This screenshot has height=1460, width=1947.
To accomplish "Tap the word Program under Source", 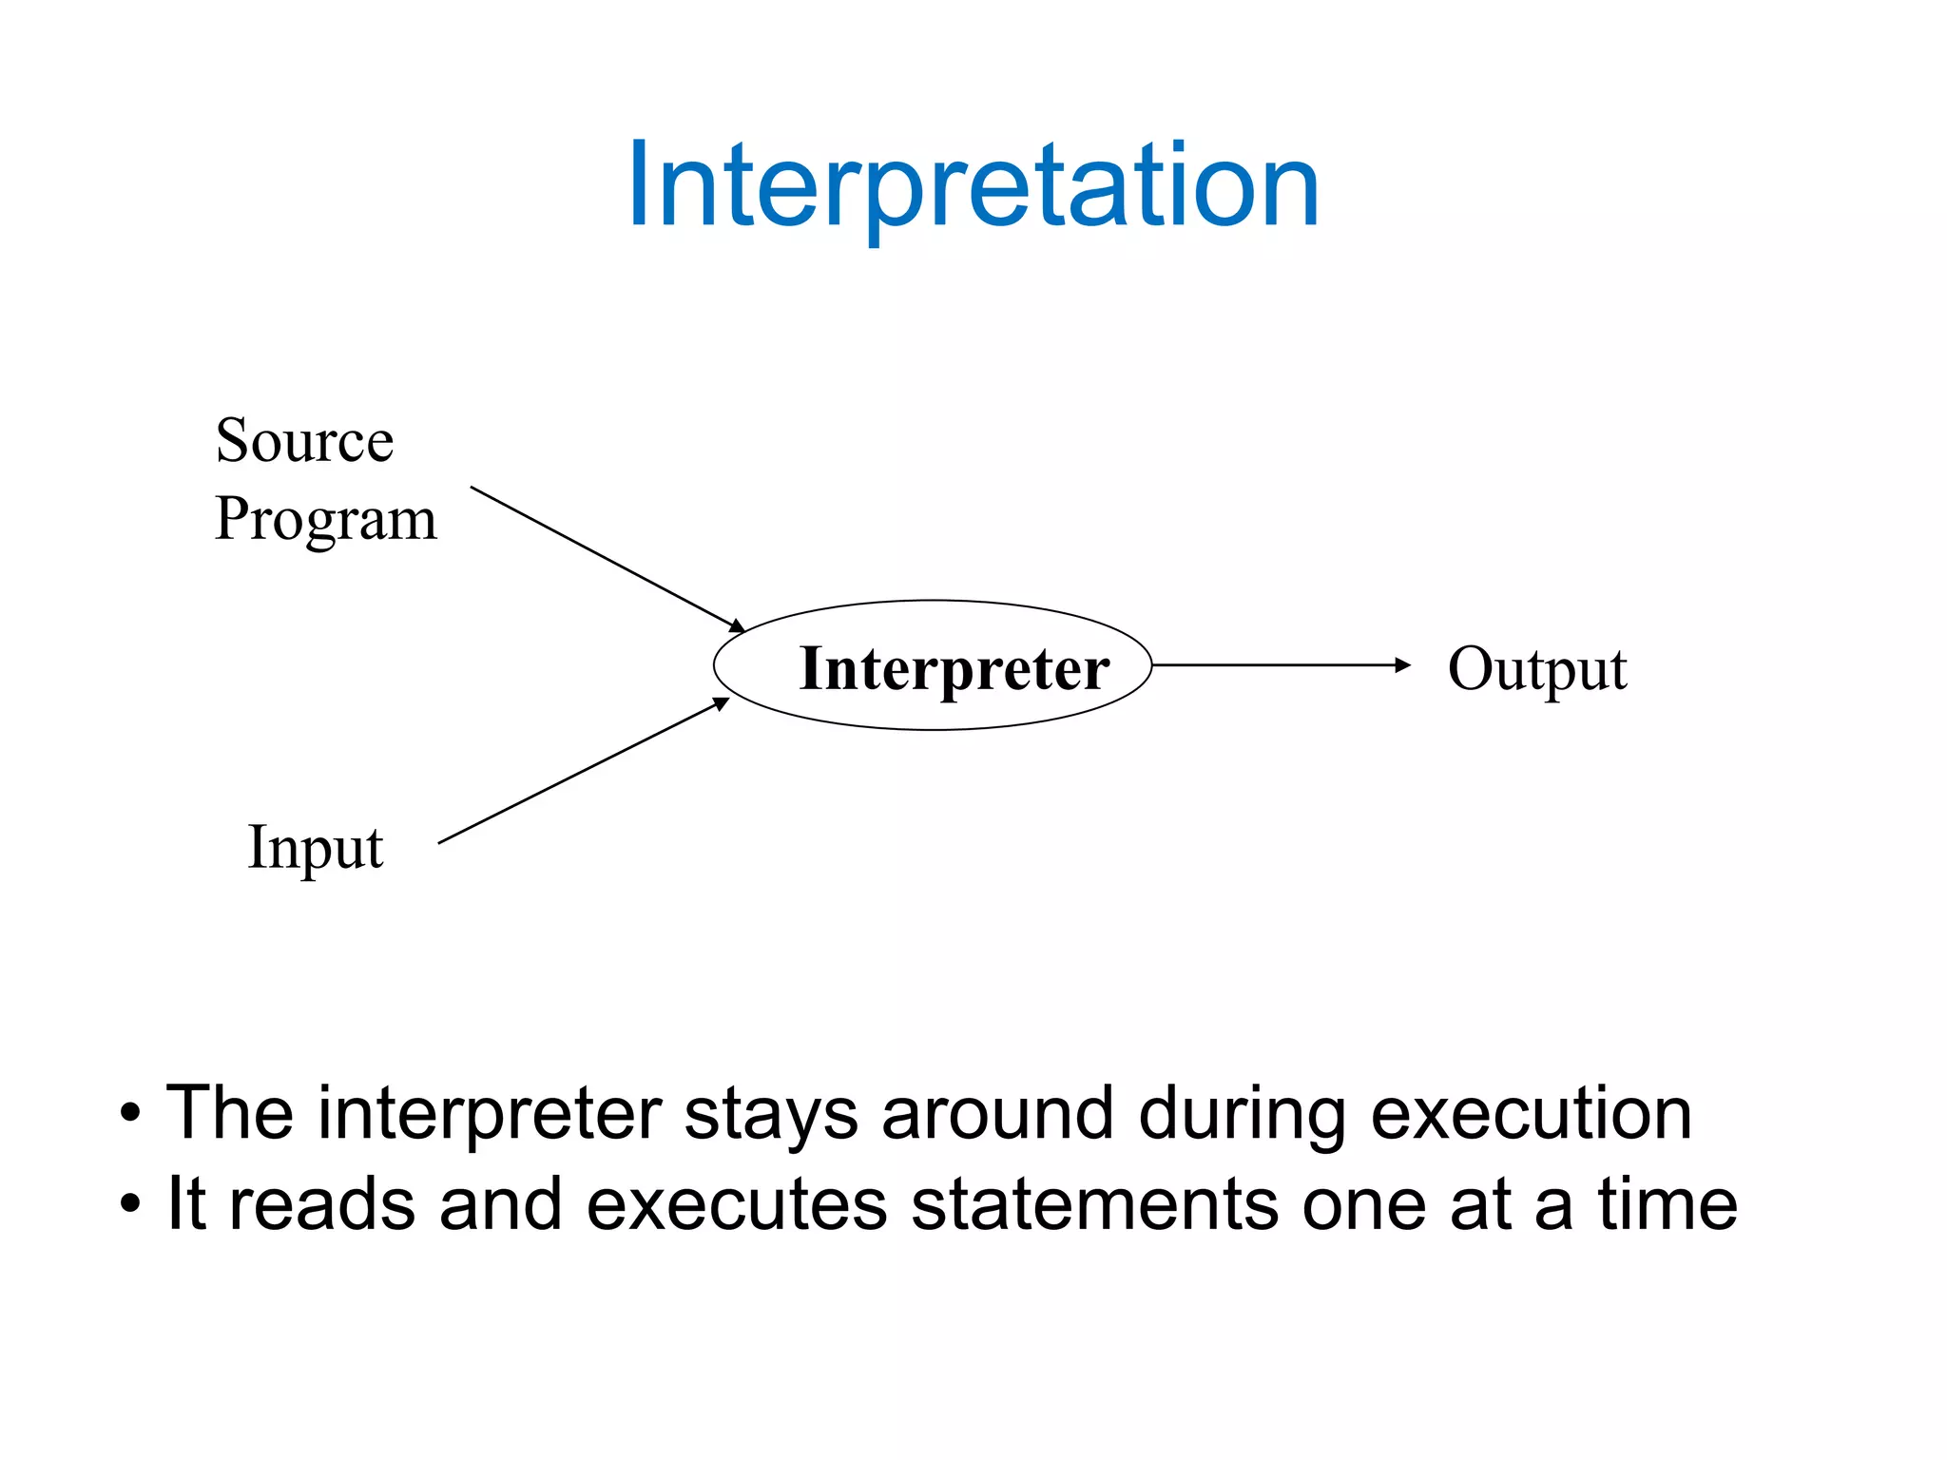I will coord(325,520).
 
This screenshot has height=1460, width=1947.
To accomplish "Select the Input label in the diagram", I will coord(315,848).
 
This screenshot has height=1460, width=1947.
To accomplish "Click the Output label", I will coord(1536,669).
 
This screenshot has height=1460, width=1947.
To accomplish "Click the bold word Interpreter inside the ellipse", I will coord(954,668).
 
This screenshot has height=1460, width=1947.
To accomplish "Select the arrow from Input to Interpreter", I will coord(582,772).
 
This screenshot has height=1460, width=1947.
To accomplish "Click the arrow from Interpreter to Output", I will coord(1274,665).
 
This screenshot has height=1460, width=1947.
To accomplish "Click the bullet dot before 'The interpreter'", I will coord(130,1114).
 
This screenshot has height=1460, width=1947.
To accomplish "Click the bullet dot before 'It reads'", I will coord(130,1205).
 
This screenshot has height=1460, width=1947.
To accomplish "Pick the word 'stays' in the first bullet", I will coord(770,1114).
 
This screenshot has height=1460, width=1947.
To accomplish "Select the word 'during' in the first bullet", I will coord(1242,1114).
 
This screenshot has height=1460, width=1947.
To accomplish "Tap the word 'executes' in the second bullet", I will coord(736,1205).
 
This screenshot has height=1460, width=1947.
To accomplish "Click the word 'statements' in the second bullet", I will coord(1094,1205).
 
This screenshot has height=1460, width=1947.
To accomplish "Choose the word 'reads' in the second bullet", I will coord(321,1205).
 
